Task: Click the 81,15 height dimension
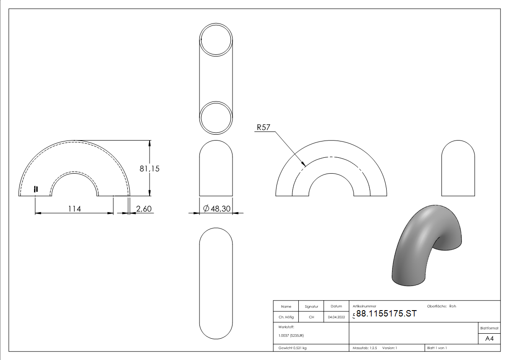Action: coord(149,169)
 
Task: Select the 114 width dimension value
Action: coord(74,209)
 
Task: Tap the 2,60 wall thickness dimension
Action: coord(144,209)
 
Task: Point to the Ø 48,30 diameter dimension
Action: coord(217,209)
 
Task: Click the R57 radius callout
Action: coord(263,127)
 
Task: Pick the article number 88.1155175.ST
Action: coord(386,314)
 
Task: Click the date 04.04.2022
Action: coord(336,317)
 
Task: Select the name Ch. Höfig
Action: coord(286,317)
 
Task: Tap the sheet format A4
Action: coord(489,339)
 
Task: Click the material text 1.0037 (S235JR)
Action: coord(291,336)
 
